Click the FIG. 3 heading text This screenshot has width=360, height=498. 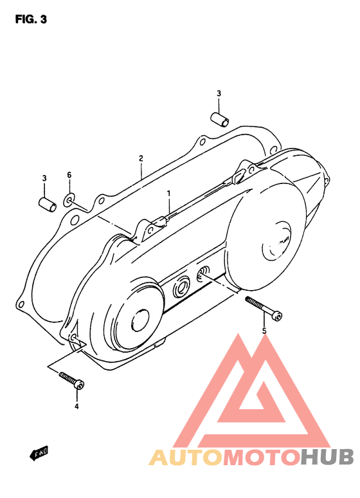31,19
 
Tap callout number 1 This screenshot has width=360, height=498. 169,193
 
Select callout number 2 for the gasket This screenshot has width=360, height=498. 140,158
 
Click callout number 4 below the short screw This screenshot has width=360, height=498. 76,406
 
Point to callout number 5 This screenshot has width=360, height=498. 264,331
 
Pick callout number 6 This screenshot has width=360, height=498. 69,175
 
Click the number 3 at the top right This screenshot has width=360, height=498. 219,94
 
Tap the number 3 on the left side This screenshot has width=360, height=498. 44,178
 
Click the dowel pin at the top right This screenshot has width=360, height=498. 220,119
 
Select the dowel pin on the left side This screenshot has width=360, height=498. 46,203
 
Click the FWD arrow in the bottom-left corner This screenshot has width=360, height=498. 41,454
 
